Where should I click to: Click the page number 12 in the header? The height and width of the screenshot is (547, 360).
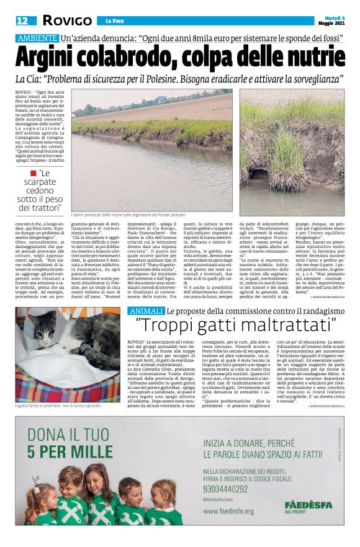click(x=22, y=21)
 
